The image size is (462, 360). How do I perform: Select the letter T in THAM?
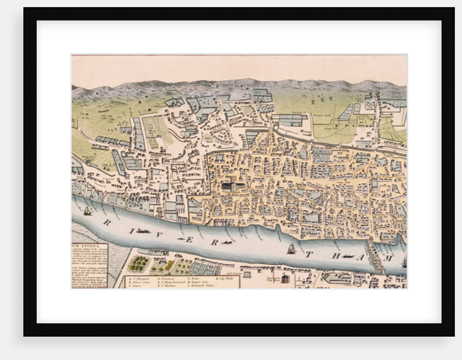pyautogui.click(x=308, y=255)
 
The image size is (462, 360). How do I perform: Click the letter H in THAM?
pyautogui.click(x=335, y=256)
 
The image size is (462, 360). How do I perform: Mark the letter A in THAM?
pyautogui.click(x=362, y=257)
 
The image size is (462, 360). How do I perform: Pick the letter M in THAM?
pyautogui.click(x=389, y=256)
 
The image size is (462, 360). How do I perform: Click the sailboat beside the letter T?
pyautogui.click(x=291, y=249)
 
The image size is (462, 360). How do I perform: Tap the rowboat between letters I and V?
pyautogui.click(x=143, y=231)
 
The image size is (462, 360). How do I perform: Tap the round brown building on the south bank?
pyautogui.click(x=285, y=278)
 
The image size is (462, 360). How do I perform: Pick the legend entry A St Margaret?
pyautogui.click(x=140, y=278)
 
